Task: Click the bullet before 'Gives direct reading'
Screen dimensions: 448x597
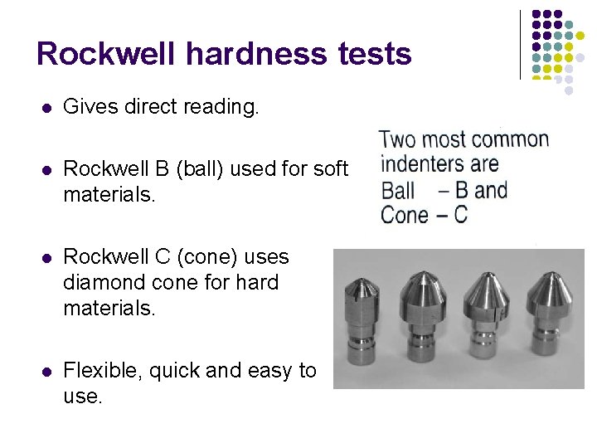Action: (46, 107)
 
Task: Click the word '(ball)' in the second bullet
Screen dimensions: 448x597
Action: (189, 168)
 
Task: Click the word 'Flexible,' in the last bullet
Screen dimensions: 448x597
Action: (104, 370)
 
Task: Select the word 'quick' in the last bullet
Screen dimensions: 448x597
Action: (175, 370)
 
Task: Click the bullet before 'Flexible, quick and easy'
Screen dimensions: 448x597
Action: (46, 371)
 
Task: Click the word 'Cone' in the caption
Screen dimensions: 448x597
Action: (404, 215)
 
